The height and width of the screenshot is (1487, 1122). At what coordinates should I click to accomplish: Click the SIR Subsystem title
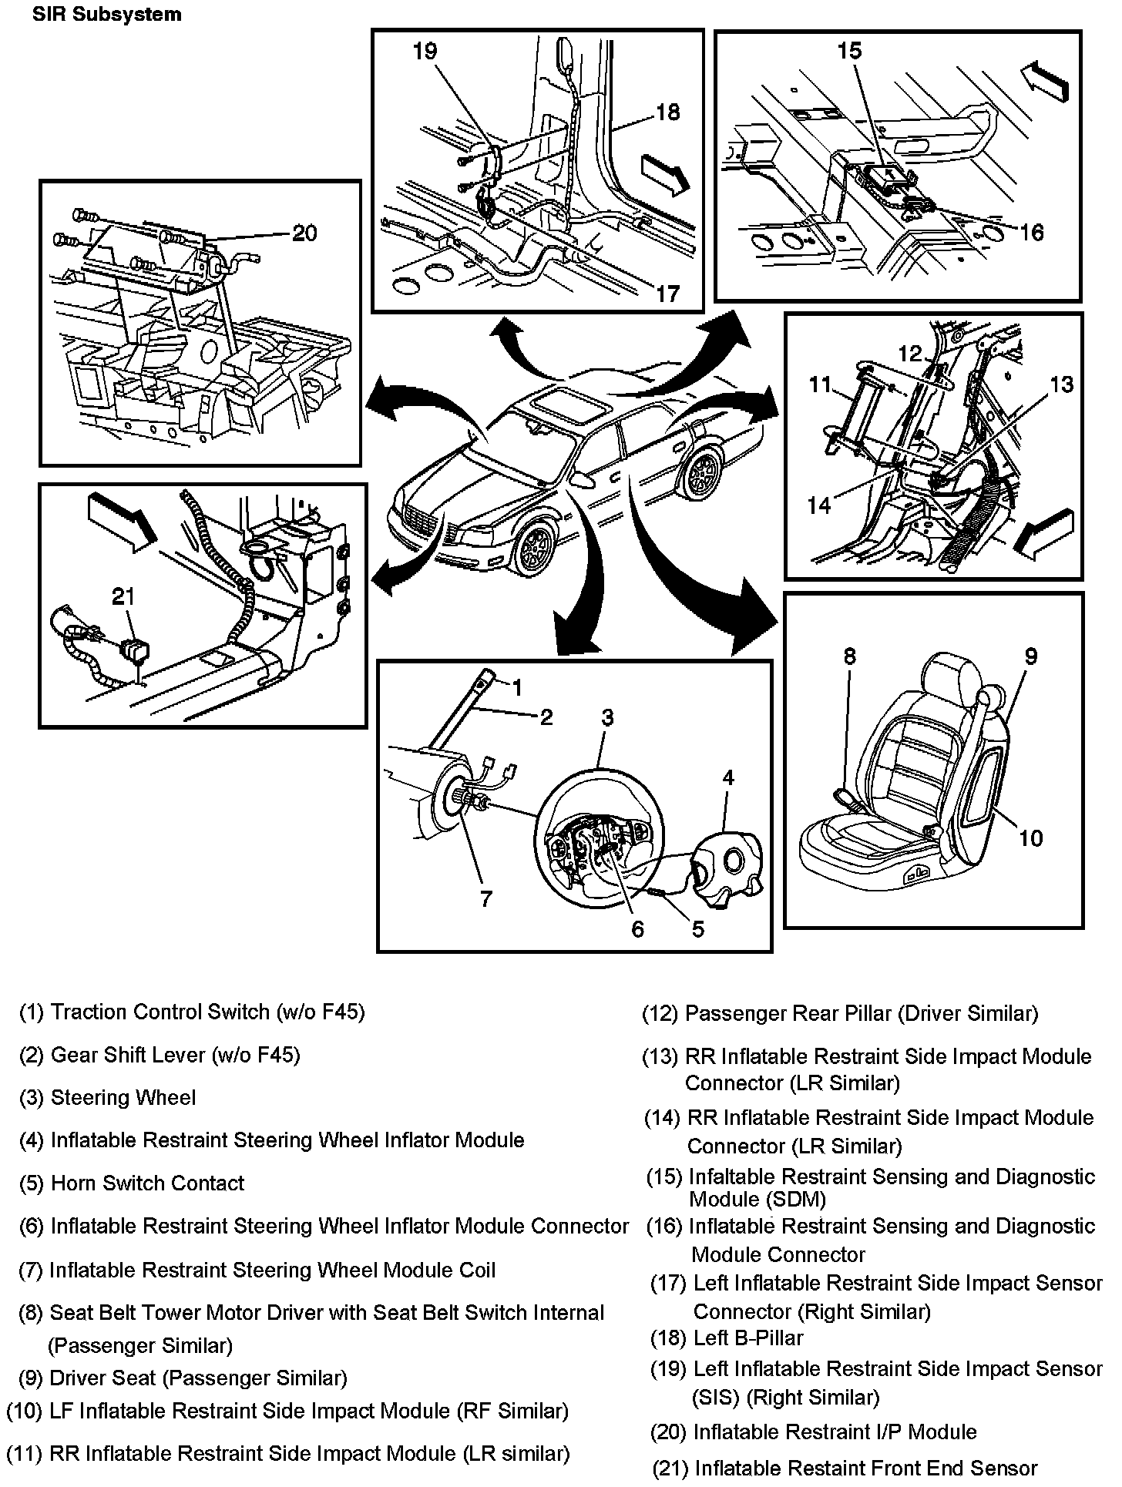pyautogui.click(x=107, y=15)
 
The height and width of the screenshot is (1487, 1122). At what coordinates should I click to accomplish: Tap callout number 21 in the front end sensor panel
pyautogui.click(x=123, y=596)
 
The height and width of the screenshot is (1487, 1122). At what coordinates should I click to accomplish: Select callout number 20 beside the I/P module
pyautogui.click(x=305, y=233)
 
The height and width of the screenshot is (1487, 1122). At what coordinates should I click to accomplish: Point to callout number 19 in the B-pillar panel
pyautogui.click(x=425, y=52)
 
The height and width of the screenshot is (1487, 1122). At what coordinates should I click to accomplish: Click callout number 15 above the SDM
pyautogui.click(x=849, y=51)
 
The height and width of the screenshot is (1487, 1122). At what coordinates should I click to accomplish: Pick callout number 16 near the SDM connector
pyautogui.click(x=1031, y=232)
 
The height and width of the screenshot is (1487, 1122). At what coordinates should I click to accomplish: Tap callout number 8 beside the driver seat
pyautogui.click(x=849, y=656)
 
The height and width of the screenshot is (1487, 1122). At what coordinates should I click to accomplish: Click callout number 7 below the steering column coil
pyautogui.click(x=485, y=899)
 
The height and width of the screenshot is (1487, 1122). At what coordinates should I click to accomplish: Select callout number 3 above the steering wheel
pyautogui.click(x=607, y=718)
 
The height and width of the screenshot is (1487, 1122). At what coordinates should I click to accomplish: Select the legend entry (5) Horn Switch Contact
pyautogui.click(x=132, y=1183)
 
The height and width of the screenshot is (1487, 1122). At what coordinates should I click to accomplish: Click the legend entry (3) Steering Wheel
pyautogui.click(x=108, y=1097)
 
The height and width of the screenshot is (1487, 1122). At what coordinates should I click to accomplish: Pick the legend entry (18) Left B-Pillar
pyautogui.click(x=727, y=1338)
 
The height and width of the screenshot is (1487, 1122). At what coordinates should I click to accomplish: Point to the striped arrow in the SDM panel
pyautogui.click(x=1045, y=79)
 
